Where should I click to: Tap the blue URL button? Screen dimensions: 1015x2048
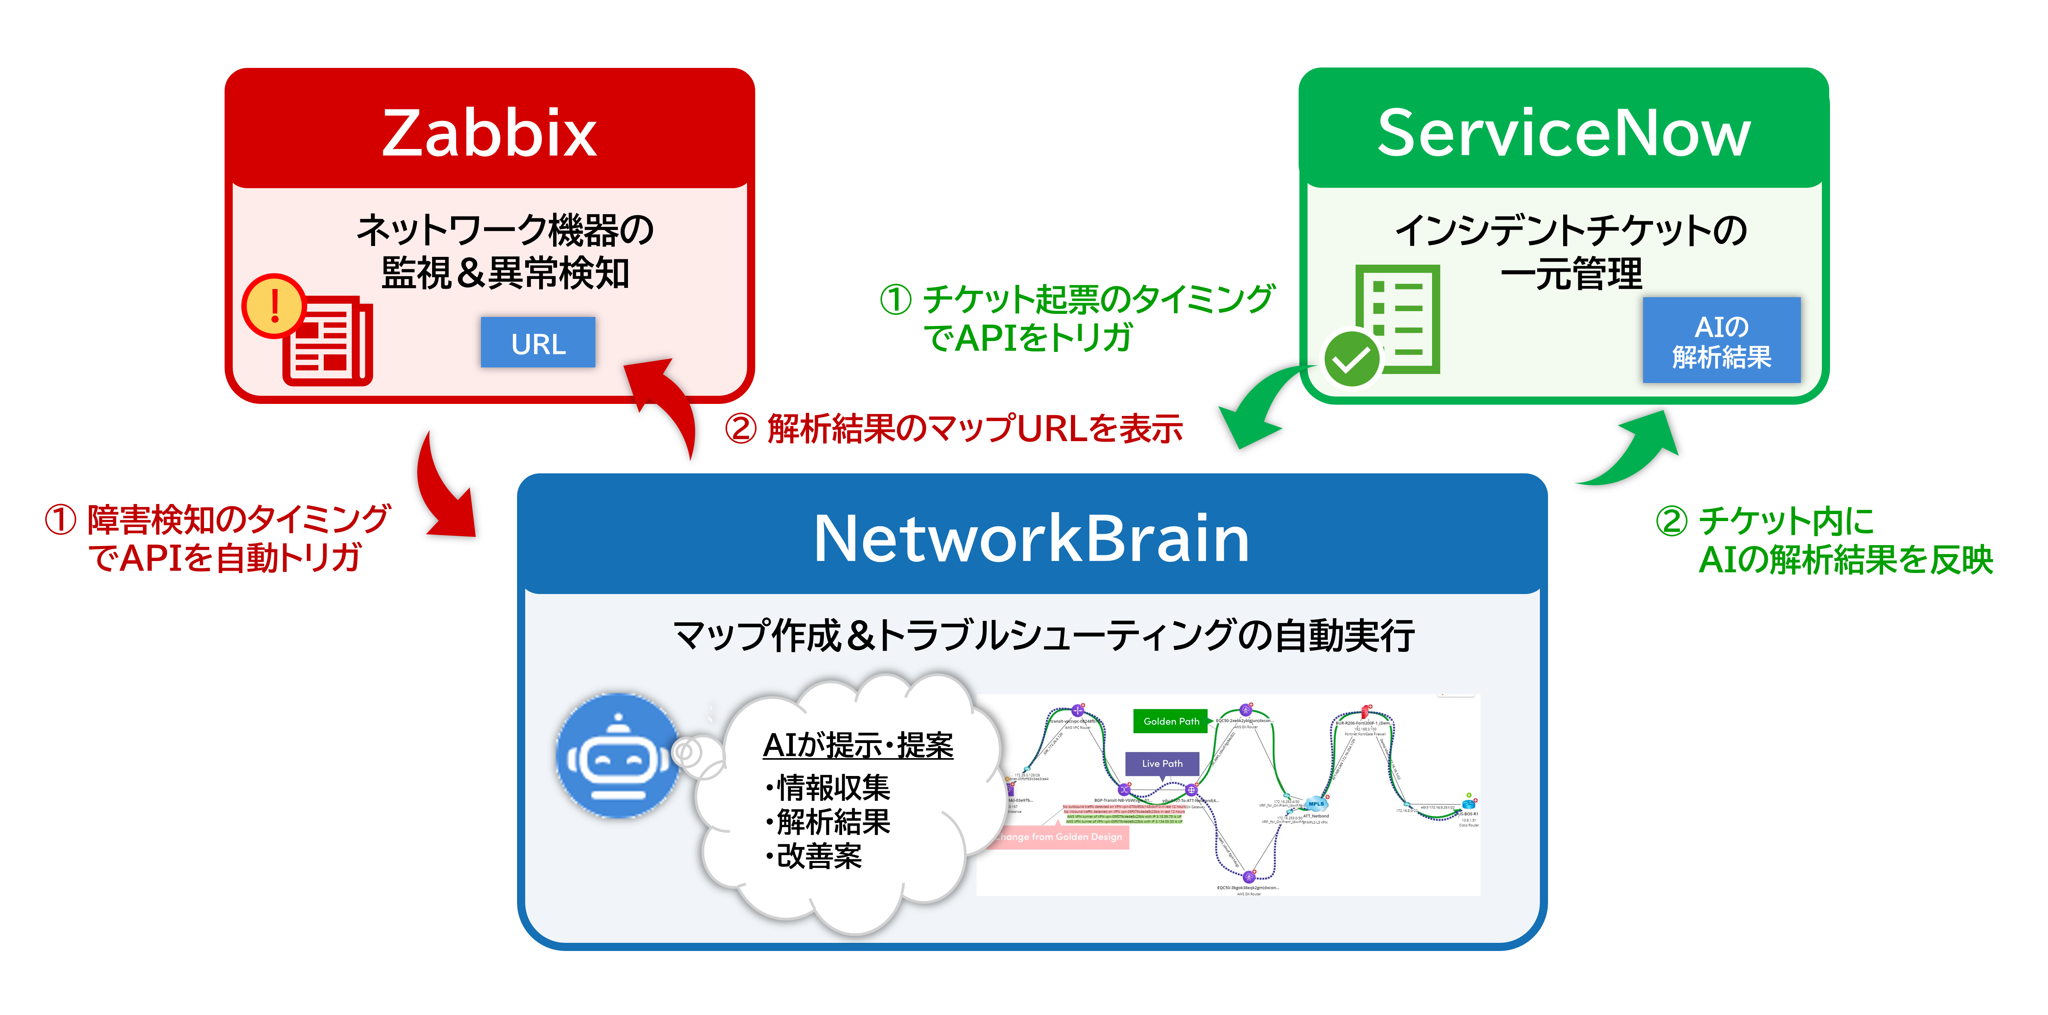538,343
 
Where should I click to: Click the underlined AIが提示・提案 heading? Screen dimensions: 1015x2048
857,745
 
